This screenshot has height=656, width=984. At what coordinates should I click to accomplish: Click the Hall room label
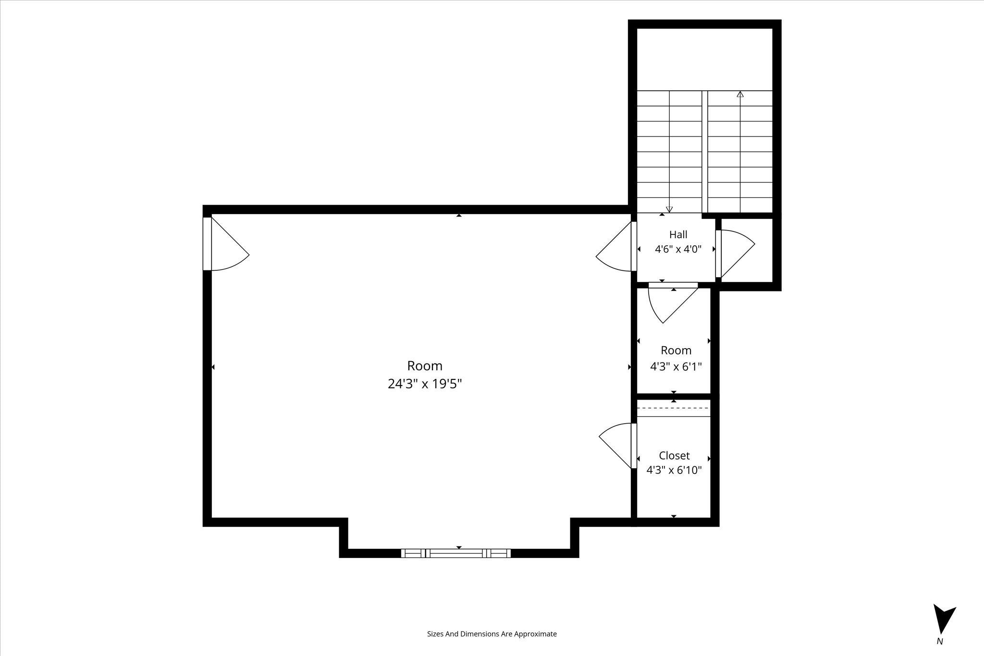click(678, 234)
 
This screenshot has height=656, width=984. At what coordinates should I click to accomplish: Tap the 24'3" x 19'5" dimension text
click(425, 384)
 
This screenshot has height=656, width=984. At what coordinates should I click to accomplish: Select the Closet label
click(674, 455)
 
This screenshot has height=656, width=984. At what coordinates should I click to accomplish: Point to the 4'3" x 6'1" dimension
click(676, 367)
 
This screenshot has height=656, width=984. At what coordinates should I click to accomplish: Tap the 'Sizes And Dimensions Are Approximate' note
click(492, 634)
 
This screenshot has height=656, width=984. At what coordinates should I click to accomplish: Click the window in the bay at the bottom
click(456, 553)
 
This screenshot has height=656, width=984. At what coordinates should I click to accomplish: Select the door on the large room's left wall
click(226, 244)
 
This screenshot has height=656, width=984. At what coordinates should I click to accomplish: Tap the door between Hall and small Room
click(673, 303)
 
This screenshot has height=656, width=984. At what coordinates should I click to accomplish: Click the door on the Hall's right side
click(735, 254)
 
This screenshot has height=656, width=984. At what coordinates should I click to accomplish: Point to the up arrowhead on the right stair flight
click(740, 94)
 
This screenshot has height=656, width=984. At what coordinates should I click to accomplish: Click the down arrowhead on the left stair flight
click(669, 209)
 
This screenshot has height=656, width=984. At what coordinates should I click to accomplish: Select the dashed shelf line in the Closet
click(674, 408)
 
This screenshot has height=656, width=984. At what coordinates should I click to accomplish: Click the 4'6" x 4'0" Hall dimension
click(678, 249)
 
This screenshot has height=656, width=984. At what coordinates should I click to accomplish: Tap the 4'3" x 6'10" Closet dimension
click(674, 470)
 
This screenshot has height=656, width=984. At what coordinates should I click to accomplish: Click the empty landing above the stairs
click(704, 59)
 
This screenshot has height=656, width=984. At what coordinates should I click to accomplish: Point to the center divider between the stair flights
click(705, 152)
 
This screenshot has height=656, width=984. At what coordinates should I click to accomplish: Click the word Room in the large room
click(425, 366)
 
